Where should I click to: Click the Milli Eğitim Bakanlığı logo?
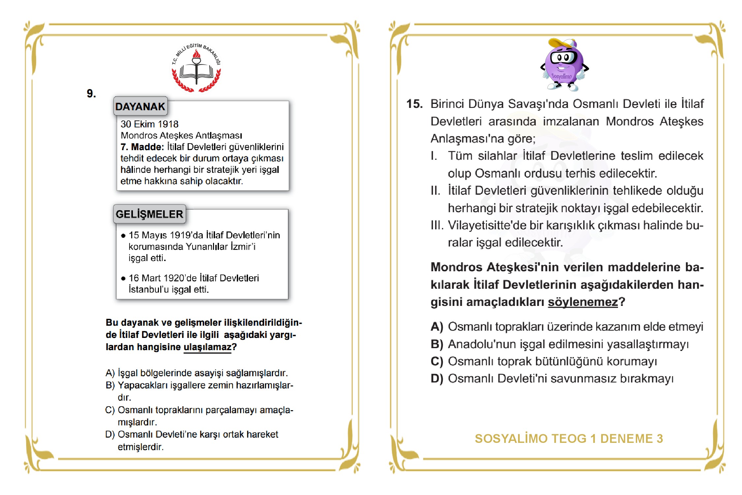pos(196,68)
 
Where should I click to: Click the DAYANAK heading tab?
pos(140,106)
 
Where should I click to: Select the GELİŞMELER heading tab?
pos(149,214)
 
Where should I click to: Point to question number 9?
pos(91,93)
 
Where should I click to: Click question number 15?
pos(414,104)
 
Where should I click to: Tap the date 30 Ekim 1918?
pos(149,124)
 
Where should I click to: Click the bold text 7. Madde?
pos(142,147)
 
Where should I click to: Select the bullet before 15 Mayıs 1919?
pos(123,236)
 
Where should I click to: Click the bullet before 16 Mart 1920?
pos(123,279)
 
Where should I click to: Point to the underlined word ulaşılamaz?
pos(207,347)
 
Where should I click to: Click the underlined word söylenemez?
pos(583,302)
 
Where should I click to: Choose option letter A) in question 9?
pos(110,373)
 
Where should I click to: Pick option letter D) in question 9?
pos(110,434)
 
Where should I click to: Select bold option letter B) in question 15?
pos(437,344)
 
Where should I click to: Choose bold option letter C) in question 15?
pos(437,361)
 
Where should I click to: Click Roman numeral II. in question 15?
pos(435,191)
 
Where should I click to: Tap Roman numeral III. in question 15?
pos(437,225)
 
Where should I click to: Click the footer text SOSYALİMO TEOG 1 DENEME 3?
pos(569,439)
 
